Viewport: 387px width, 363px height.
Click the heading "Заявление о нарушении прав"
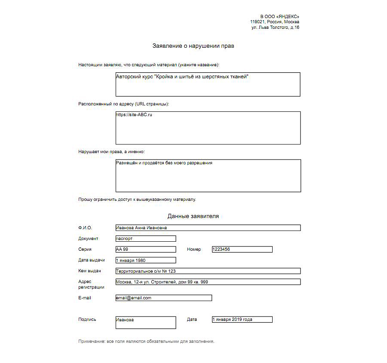pos(193,46)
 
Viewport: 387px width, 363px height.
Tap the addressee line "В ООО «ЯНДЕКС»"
pos(279,16)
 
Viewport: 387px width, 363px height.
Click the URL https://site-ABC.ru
pos(134,115)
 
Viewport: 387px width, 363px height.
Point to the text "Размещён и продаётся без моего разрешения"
pos(164,163)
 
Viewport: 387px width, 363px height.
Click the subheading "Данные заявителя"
pos(193,216)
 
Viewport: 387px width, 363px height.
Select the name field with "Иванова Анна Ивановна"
pos(208,228)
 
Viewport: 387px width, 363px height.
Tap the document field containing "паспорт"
pos(146,239)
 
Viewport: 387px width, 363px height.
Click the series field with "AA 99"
pos(146,249)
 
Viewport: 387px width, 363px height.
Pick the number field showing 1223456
pos(242,249)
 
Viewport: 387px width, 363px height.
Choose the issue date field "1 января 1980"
pos(146,260)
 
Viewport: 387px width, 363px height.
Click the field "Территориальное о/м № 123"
pos(208,271)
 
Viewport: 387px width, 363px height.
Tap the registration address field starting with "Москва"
pos(208,282)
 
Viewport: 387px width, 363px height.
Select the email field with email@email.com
pos(164,298)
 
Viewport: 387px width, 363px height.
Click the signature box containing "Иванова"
pos(146,323)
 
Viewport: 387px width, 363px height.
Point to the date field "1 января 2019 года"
pos(242,320)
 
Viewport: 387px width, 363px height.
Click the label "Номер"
pos(194,249)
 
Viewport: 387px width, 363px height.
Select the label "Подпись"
pos(87,320)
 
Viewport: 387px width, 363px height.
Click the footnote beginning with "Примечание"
pos(146,341)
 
